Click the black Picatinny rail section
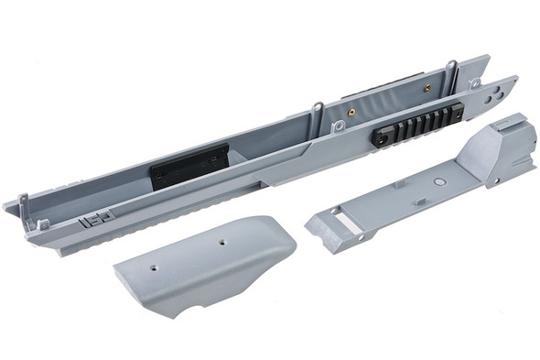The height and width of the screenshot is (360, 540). pos(416,121)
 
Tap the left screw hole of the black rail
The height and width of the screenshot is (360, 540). pos(382,135)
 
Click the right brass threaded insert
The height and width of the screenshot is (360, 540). pos(426,88)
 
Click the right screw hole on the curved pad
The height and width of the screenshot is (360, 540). pos(221,243)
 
